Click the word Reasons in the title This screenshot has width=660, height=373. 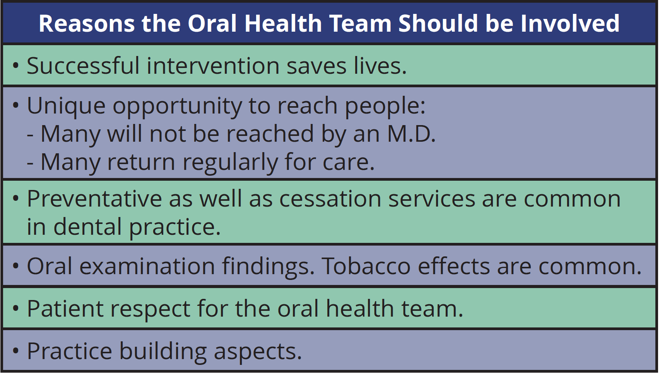pyautogui.click(x=87, y=24)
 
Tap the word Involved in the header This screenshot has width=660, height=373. pyautogui.click(x=570, y=23)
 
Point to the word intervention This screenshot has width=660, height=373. pyautogui.click(x=213, y=66)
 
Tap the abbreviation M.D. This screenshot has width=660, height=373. pyautogui.click(x=411, y=134)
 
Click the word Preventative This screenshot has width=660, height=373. pyautogui.click(x=94, y=199)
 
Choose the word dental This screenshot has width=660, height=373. pyautogui.click(x=87, y=227)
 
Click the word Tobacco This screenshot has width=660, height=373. pyautogui.click(x=366, y=266)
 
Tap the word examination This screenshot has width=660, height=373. pyautogui.click(x=147, y=266)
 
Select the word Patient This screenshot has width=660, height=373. pyautogui.click(x=65, y=309)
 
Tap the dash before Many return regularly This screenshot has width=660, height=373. pyautogui.click(x=30, y=163)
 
